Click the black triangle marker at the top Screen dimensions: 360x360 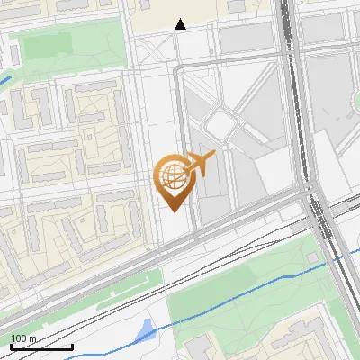[x=181, y=24]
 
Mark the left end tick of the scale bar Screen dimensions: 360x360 [x=12, y=346]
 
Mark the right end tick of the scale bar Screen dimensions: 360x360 [x=72, y=346]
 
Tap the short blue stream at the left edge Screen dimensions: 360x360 [x=4, y=79]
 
